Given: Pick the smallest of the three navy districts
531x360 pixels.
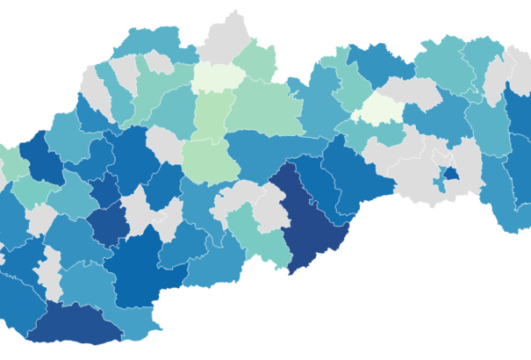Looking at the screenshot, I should tap(110, 223).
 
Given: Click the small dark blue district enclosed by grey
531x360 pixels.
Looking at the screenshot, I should tap(451, 176).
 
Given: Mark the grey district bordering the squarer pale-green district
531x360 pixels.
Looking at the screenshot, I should tap(164, 143).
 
